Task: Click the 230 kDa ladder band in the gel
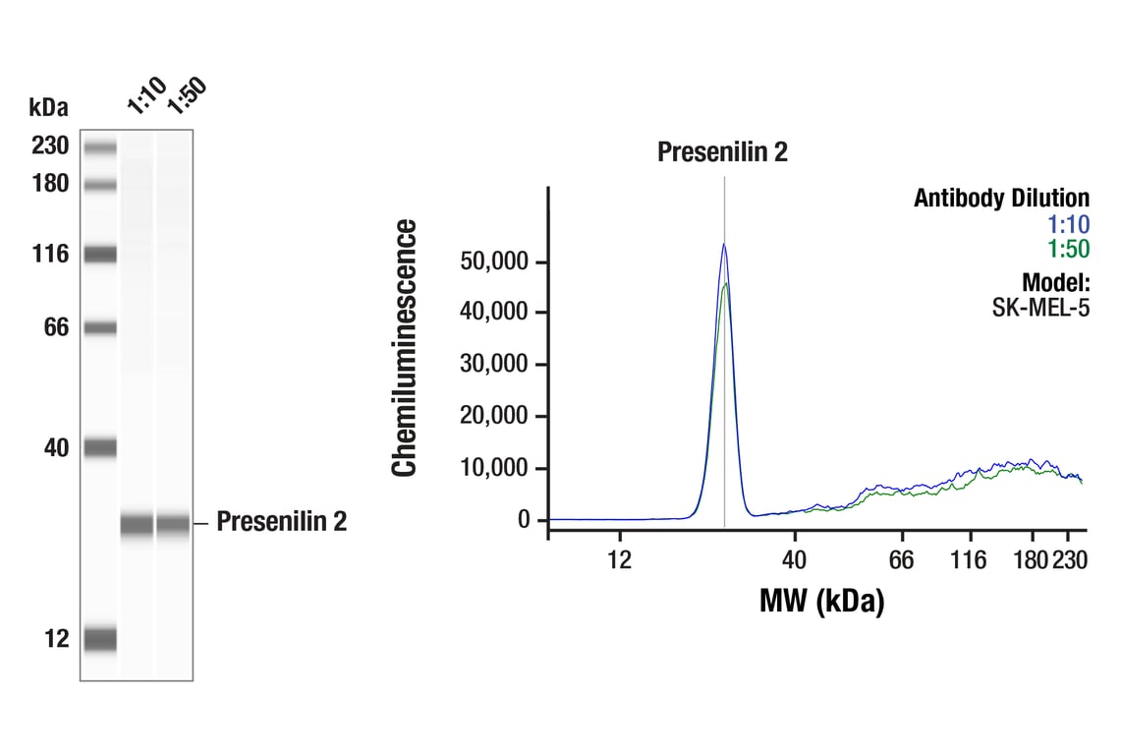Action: click(99, 148)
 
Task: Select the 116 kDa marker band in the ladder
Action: click(99, 255)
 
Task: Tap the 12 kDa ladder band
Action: click(99, 640)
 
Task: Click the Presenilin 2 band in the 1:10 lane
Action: click(137, 524)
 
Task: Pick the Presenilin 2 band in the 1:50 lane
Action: click(173, 524)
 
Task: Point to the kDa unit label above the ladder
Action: click(48, 106)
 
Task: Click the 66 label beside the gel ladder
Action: click(56, 327)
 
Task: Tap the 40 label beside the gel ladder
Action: click(56, 448)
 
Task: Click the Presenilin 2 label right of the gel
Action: click(281, 522)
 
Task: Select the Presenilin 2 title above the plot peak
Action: click(722, 152)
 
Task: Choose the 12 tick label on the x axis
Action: click(618, 560)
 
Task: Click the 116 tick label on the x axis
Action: click(969, 560)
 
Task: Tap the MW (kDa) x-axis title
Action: click(821, 600)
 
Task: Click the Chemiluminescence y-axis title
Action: click(405, 348)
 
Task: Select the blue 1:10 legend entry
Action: click(1068, 224)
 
